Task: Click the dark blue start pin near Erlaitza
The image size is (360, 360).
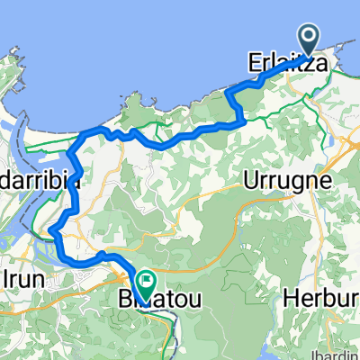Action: click(309, 40)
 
